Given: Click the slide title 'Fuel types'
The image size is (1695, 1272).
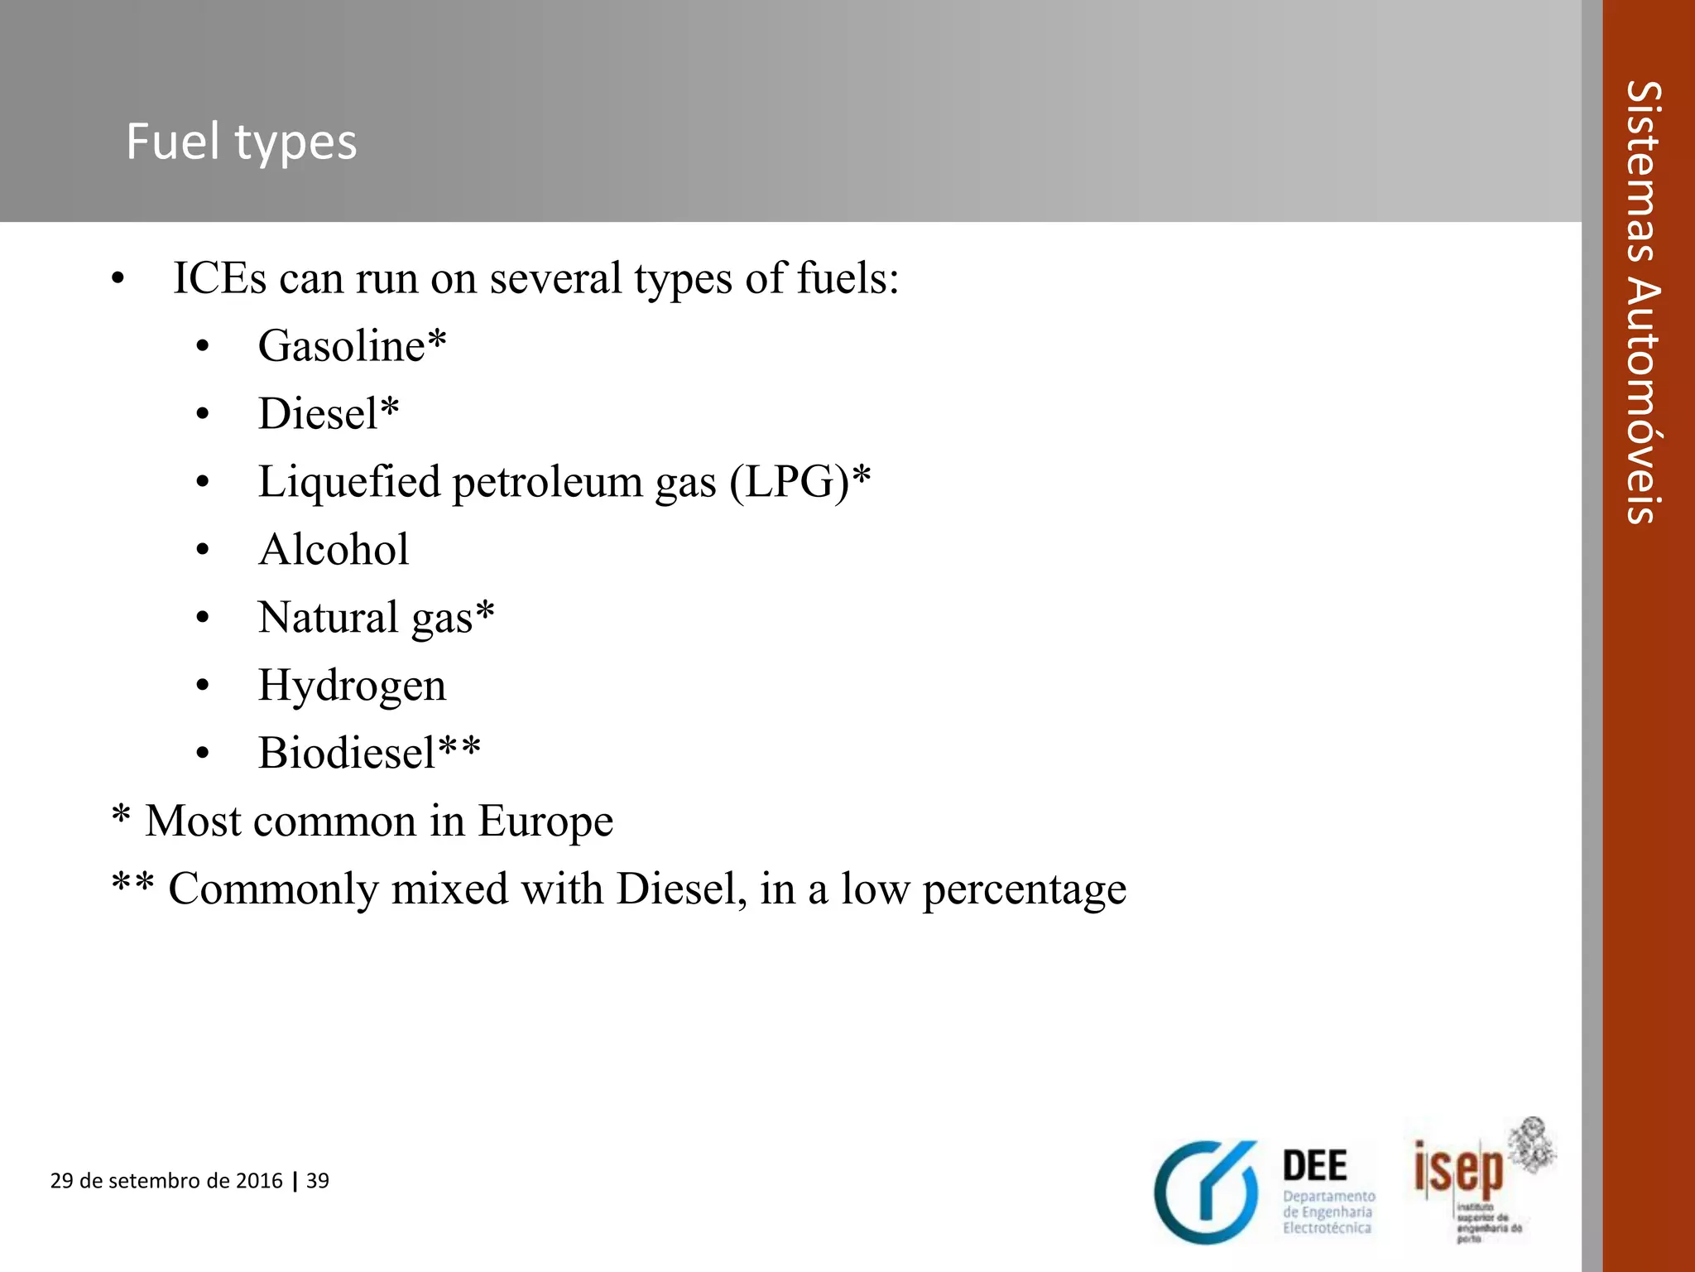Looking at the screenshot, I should (241, 142).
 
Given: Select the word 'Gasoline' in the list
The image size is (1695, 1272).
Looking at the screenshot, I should (341, 345).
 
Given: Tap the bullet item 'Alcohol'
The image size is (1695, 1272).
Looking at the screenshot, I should (334, 549).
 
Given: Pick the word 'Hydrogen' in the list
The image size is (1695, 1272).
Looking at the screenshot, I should (352, 686).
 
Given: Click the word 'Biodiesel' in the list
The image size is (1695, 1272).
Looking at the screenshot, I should (347, 753).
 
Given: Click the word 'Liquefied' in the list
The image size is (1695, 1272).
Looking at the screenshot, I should (349, 482).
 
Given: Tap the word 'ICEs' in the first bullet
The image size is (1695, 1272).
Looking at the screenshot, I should (219, 277).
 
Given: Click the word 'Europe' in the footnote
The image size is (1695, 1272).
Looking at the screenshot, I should (545, 821).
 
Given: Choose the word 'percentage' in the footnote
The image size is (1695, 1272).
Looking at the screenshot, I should (1024, 890).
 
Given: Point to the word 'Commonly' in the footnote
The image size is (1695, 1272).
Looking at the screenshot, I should (273, 890).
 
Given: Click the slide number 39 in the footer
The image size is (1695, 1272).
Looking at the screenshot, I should (318, 1181).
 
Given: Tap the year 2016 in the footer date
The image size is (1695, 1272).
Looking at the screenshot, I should (259, 1181).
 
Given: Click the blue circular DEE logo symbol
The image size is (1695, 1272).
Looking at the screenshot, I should (1207, 1192).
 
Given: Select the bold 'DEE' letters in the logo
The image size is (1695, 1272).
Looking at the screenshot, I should (1314, 1166).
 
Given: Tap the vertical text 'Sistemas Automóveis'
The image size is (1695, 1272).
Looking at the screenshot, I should (1644, 302).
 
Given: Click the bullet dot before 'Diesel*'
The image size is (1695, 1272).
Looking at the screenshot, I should (203, 414).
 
